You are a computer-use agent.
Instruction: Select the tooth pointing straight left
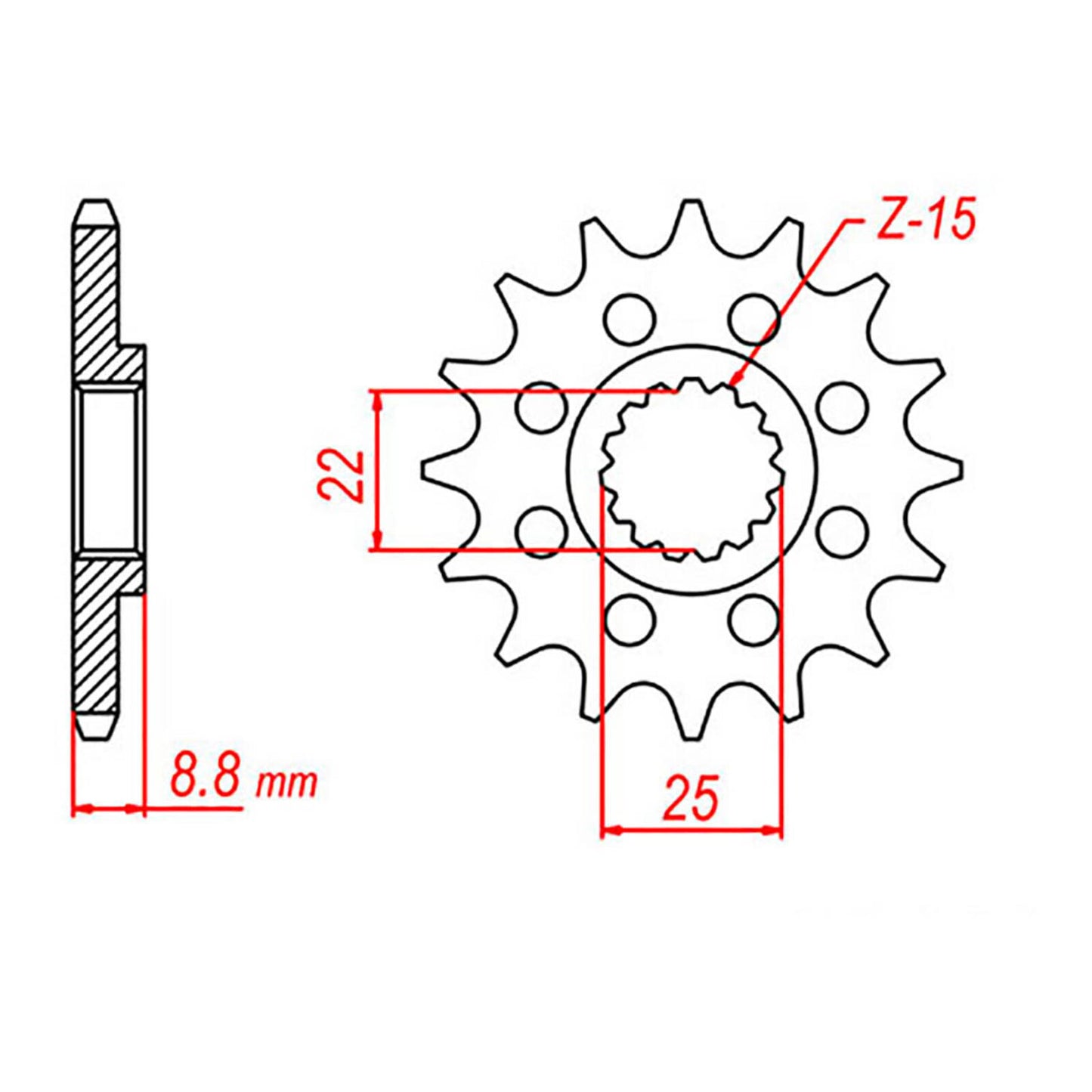(429, 469)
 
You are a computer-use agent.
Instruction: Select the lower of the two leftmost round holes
(541, 532)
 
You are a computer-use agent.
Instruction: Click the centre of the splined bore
(691, 469)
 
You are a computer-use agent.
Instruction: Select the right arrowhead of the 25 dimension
(774, 831)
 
